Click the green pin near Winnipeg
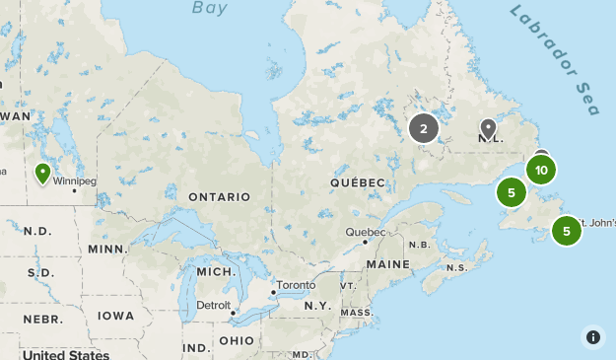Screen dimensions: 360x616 click(42, 174)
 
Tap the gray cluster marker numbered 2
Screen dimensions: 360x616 click(424, 128)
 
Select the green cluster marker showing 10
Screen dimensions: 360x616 click(541, 171)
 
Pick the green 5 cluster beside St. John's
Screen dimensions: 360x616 click(567, 232)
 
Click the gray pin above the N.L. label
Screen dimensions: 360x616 click(488, 127)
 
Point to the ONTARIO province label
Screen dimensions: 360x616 click(220, 196)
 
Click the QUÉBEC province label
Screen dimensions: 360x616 click(358, 183)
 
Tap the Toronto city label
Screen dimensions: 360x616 click(296, 285)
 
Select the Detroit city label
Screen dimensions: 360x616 click(214, 305)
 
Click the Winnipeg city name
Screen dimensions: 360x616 click(75, 181)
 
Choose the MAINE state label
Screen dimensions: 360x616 click(387, 264)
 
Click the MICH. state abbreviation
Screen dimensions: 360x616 click(216, 271)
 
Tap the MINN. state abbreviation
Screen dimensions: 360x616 click(107, 249)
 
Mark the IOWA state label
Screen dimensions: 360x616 click(116, 316)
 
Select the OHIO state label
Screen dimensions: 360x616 click(237, 340)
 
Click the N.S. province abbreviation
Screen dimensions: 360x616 click(456, 268)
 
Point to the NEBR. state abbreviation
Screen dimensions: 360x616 click(42, 320)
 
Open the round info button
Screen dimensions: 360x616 click(592, 336)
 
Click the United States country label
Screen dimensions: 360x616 click(66, 354)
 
